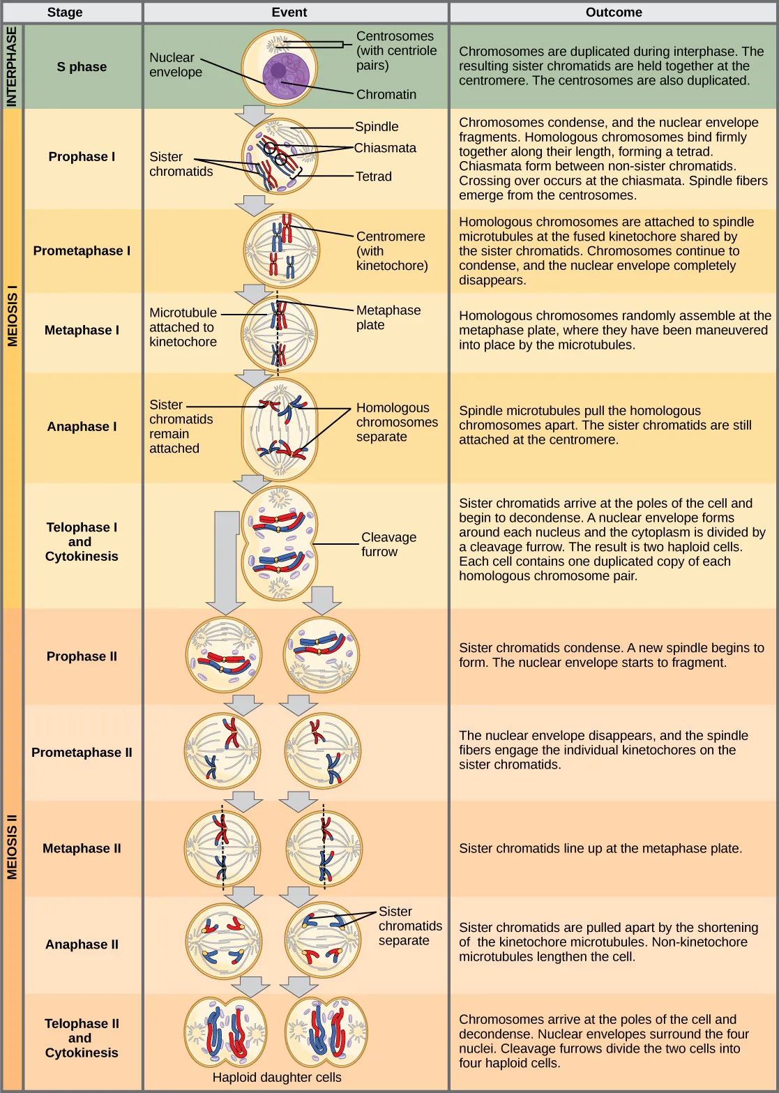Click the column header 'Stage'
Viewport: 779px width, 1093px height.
point(65,13)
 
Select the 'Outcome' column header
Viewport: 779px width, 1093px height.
point(614,13)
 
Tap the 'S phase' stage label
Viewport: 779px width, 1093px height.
point(82,67)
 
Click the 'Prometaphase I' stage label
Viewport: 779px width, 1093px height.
point(82,250)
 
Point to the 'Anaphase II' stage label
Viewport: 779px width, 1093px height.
point(82,944)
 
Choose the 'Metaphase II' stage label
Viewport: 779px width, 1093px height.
point(82,848)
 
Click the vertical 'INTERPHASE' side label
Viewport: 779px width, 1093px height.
point(12,67)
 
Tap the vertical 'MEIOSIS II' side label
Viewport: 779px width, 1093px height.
point(12,847)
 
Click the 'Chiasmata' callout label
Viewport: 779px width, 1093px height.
point(385,148)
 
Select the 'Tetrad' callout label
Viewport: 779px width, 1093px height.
point(374,176)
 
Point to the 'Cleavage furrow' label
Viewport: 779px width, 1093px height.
point(388,544)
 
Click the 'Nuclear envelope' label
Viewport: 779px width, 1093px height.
point(176,65)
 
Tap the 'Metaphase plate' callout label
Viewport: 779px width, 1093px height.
point(388,317)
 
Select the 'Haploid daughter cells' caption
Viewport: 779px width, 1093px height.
point(277,1077)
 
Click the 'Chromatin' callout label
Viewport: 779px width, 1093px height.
point(386,94)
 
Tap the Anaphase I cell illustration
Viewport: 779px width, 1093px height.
point(279,429)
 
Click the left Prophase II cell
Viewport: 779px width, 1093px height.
point(224,655)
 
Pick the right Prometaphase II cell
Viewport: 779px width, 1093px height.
point(322,751)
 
